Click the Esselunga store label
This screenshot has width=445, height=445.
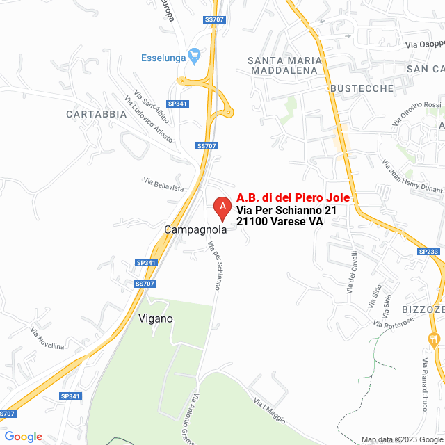[x=163, y=58]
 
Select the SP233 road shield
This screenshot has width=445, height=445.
[x=428, y=252]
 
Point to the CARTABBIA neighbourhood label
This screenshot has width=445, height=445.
[x=97, y=113]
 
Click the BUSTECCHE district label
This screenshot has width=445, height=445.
[x=362, y=88]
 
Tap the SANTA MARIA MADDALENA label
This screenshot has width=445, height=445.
[x=283, y=65]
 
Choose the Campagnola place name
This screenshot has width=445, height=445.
[x=195, y=229]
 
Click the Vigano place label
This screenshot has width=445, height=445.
[x=156, y=318]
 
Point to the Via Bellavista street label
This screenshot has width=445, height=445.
[x=163, y=184]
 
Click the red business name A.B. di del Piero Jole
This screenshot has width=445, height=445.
[x=293, y=197]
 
